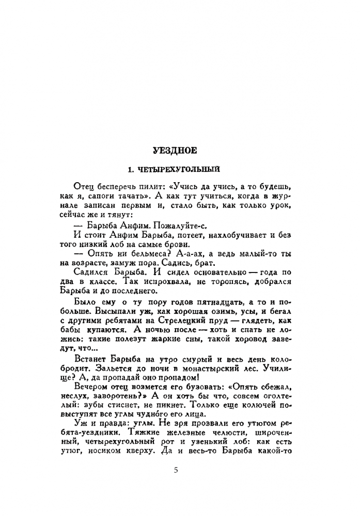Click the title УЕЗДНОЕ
(x=175, y=151)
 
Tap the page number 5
(x=176, y=470)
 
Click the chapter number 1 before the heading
(x=132, y=169)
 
